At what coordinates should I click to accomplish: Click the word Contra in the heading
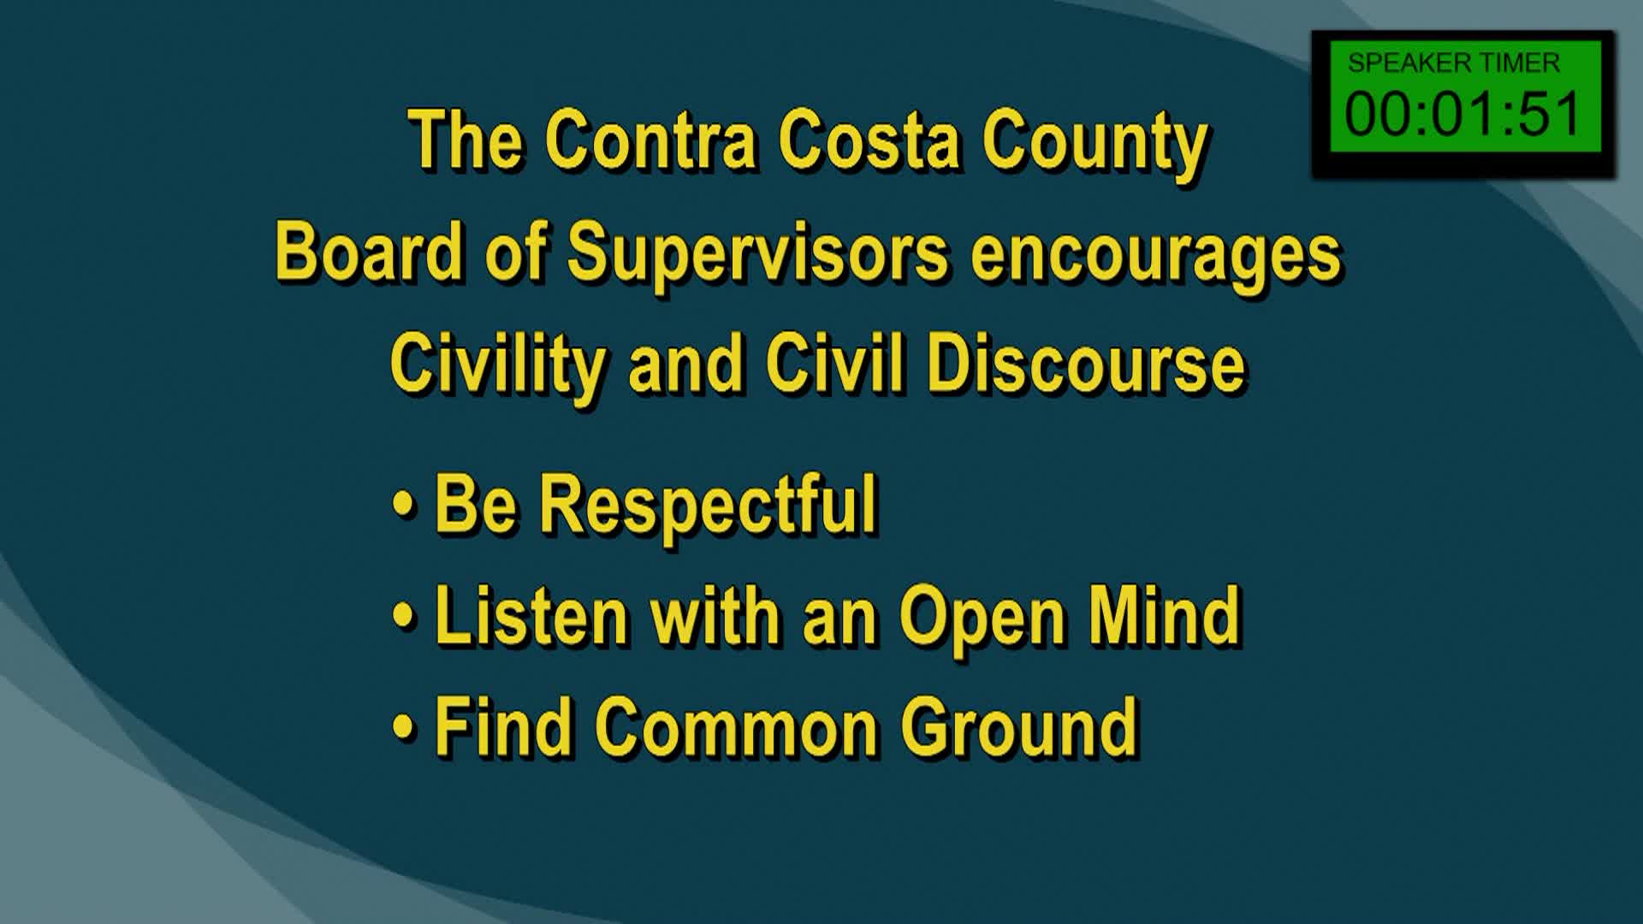[650, 140]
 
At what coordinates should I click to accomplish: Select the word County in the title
[1094, 142]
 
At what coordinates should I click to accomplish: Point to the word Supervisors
[758, 253]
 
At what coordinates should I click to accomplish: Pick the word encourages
[1156, 255]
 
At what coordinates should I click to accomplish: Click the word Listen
[531, 615]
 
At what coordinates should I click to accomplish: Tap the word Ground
[1019, 726]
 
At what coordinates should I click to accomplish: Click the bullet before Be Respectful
[403, 505]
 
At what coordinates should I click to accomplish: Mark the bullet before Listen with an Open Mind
[403, 616]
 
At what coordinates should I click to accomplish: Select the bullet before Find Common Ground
[403, 727]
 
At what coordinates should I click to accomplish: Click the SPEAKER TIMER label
[1454, 62]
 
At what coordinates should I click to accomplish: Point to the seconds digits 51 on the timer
[1550, 114]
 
